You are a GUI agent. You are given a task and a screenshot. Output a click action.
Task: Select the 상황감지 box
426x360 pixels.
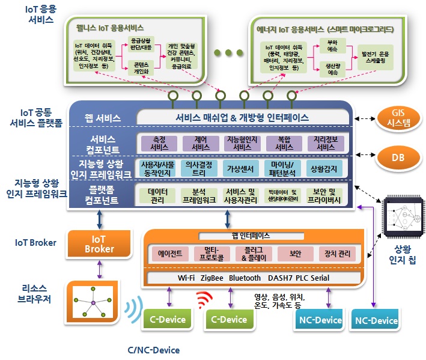click(x=325, y=168)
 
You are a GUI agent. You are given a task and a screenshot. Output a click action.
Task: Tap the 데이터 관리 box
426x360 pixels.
click(x=158, y=195)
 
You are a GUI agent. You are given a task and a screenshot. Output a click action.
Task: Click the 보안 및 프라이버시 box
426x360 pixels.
click(x=326, y=195)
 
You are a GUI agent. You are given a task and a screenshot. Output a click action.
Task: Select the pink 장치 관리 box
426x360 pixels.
click(x=335, y=254)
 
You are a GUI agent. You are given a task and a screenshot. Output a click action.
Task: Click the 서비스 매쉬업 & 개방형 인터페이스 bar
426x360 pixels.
click(x=242, y=117)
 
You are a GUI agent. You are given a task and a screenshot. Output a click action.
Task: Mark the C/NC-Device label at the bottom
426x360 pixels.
click(x=154, y=350)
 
